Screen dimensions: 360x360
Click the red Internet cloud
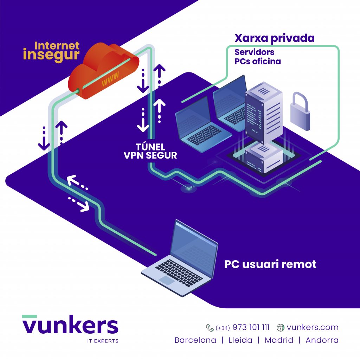103,71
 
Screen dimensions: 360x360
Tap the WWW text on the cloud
110,78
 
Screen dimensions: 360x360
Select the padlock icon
300,111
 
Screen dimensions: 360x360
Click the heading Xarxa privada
275,38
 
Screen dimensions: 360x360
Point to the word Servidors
255,52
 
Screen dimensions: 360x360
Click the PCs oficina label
258,61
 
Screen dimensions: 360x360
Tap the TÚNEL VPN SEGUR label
150,151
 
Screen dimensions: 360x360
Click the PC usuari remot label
270,264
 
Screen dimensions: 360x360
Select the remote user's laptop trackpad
167,280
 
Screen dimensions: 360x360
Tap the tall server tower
264,112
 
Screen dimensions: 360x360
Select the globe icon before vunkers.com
281,328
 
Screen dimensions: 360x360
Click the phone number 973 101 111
251,327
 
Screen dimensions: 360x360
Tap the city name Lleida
240,340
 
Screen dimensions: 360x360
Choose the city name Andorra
322,340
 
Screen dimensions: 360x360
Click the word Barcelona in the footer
195,340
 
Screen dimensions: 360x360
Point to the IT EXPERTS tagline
103,341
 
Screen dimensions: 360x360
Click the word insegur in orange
51,55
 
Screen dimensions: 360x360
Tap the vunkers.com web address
313,327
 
